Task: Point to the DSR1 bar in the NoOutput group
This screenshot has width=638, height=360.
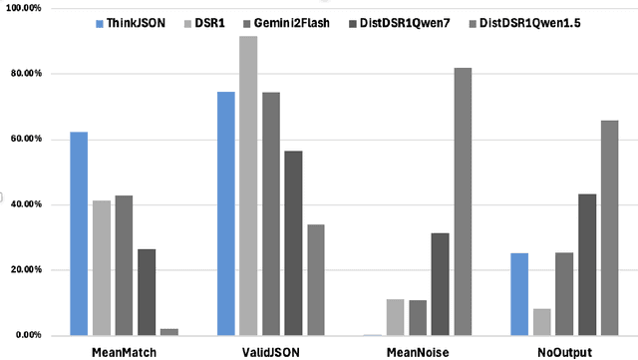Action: (x=542, y=322)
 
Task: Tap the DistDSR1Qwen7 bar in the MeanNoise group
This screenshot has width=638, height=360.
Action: (x=440, y=284)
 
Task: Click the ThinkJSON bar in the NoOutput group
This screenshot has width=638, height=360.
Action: (x=519, y=294)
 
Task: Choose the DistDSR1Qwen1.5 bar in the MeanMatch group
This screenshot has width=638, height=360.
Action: (x=169, y=332)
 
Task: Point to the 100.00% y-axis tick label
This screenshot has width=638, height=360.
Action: (x=21, y=8)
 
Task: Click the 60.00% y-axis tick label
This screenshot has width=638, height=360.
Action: (x=23, y=139)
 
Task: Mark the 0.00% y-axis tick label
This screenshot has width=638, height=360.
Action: (x=25, y=335)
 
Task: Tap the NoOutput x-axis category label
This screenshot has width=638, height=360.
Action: (x=564, y=352)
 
